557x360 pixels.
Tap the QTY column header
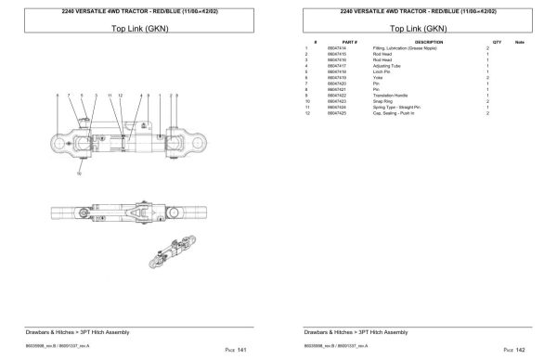pyautogui.click(x=497, y=43)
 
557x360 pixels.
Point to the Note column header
pyautogui.click(x=519, y=43)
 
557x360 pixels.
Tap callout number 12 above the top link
pyautogui.click(x=121, y=96)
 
